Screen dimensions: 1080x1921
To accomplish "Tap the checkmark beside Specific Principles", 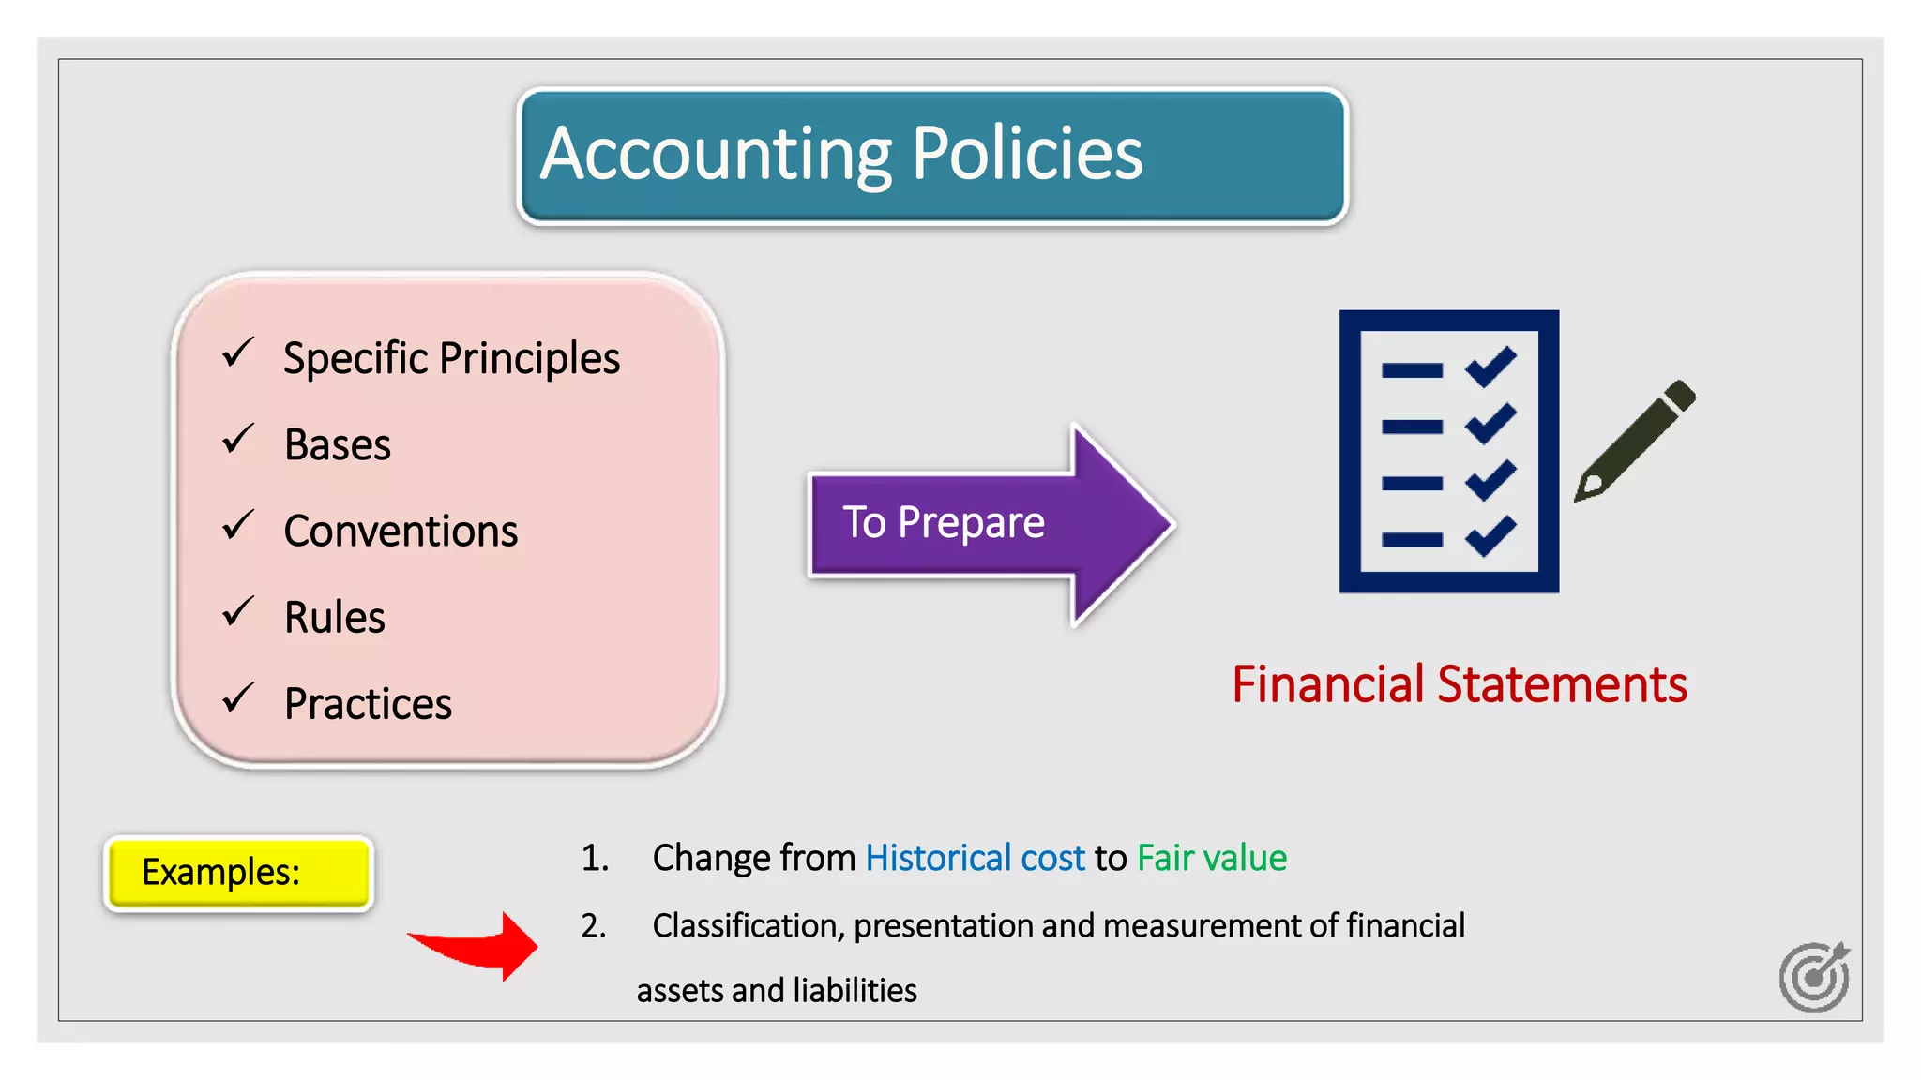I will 238,353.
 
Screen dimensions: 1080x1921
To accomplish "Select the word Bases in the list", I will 338,444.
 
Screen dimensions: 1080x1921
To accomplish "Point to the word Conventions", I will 401,532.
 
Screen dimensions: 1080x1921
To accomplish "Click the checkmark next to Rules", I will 238,612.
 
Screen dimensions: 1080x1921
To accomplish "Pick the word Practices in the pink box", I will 368,704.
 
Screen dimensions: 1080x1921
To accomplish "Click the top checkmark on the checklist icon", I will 1490,367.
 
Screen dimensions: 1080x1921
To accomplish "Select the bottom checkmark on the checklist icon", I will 1490,536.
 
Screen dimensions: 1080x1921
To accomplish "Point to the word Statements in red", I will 1562,684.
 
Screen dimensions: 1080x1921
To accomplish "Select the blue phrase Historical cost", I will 975,858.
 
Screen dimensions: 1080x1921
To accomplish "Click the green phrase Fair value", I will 1211,858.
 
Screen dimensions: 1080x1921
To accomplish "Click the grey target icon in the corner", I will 1814,977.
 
